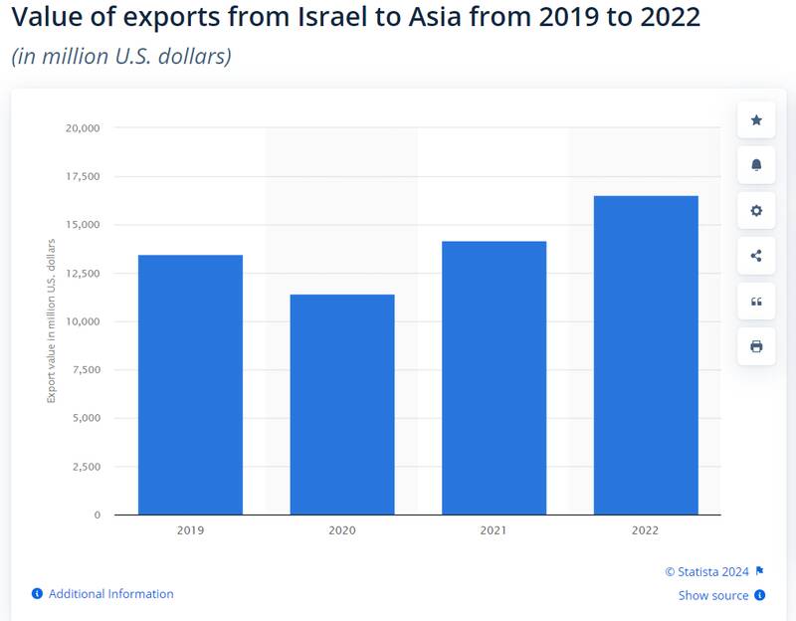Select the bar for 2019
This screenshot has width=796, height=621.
click(190, 384)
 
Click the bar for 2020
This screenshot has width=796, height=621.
click(341, 404)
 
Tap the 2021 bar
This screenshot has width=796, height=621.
click(494, 377)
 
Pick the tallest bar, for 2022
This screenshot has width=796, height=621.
click(646, 354)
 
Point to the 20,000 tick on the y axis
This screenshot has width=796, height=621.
click(83, 128)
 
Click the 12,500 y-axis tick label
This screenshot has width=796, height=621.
click(83, 274)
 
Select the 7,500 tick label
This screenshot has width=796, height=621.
click(86, 370)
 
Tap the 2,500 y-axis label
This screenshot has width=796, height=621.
click(86, 467)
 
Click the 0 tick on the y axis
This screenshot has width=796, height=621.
click(97, 516)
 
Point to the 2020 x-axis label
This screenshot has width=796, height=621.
click(341, 531)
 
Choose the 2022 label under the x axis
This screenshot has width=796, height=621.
click(646, 531)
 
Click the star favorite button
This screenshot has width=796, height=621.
click(756, 120)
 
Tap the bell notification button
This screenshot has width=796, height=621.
click(756, 165)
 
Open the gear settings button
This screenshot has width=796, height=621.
click(756, 211)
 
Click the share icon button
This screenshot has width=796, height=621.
click(756, 256)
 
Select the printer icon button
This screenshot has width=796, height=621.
click(756, 346)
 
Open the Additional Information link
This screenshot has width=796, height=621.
click(110, 594)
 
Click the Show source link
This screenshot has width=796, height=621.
click(713, 595)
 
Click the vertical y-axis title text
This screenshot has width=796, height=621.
click(52, 321)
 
